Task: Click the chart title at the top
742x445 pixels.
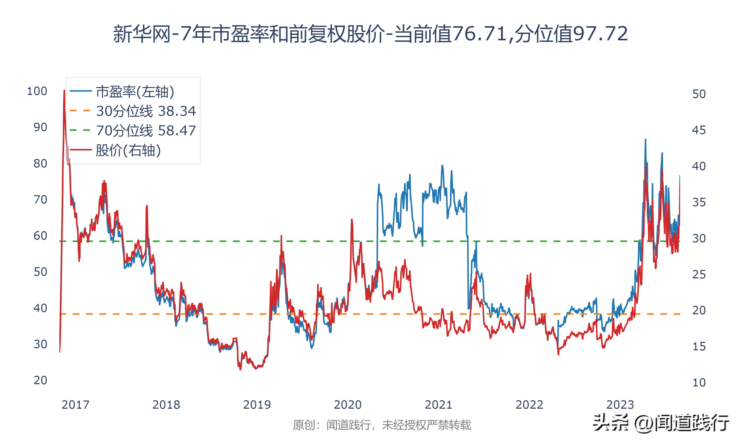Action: [x=371, y=34]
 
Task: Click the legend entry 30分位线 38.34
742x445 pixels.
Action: [x=146, y=111]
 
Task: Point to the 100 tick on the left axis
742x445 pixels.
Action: [x=37, y=91]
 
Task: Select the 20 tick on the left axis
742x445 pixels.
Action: [x=40, y=380]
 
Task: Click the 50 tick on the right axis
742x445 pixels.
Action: [x=699, y=94]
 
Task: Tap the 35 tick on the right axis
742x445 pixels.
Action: [x=699, y=202]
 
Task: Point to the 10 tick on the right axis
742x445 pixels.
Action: [x=699, y=383]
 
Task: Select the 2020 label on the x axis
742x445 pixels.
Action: [x=348, y=405]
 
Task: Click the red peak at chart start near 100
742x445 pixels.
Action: [x=64, y=90]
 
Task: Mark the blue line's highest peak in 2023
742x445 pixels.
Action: [x=646, y=140]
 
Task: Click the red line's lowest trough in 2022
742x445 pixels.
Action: [x=558, y=355]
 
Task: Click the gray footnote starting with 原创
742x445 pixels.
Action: [x=382, y=425]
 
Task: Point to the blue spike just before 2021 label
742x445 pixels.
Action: [x=442, y=166]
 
